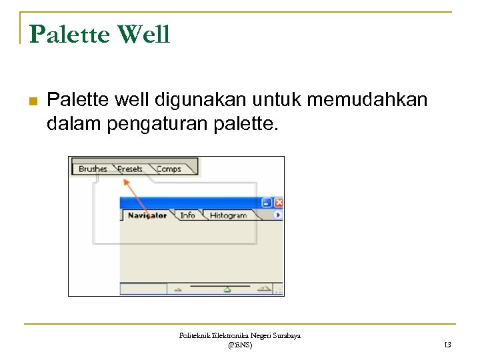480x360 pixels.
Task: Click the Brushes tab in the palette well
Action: [93, 169]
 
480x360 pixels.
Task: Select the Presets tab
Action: [130, 169]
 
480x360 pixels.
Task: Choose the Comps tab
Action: [169, 169]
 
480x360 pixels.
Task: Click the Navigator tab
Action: [147, 215]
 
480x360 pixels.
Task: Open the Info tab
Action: [188, 215]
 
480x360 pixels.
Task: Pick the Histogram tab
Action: [228, 215]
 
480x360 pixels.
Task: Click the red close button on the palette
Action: [278, 203]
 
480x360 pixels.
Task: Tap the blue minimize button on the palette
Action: [267, 203]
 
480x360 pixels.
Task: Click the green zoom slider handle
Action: [227, 289]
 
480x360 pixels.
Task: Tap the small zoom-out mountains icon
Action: [178, 290]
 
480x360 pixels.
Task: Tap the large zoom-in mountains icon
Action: [265, 289]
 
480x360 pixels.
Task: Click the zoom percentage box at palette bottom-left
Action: [143, 289]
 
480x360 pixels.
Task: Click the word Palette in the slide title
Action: [69, 34]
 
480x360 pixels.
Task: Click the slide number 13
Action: [447, 345]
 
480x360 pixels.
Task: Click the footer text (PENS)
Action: [239, 345]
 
